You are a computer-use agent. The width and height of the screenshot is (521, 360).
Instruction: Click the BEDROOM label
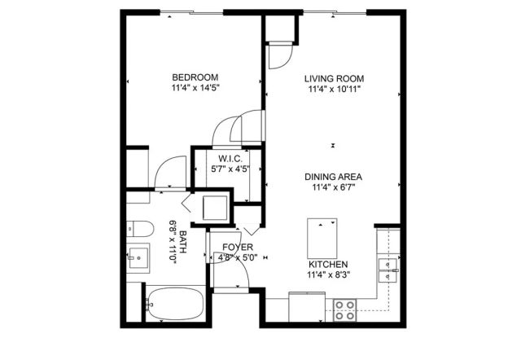(x=195, y=77)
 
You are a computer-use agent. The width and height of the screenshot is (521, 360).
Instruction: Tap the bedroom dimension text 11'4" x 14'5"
(x=195, y=87)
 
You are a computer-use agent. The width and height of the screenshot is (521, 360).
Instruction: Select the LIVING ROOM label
(x=333, y=78)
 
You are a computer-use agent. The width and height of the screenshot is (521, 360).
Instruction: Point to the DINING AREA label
(x=333, y=177)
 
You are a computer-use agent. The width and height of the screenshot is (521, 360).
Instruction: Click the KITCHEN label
(x=328, y=265)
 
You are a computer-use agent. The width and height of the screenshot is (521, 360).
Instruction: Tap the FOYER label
(x=237, y=247)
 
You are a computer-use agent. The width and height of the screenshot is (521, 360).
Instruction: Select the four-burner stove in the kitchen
(x=344, y=310)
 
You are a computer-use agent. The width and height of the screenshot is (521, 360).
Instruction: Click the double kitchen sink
(x=388, y=263)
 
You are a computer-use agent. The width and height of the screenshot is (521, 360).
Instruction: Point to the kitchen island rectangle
(x=323, y=236)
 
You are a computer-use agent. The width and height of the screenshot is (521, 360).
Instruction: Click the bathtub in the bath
(x=174, y=304)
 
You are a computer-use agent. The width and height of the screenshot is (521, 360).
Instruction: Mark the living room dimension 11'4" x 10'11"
(x=333, y=89)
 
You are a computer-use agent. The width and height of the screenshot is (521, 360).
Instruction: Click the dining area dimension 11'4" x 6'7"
(x=333, y=187)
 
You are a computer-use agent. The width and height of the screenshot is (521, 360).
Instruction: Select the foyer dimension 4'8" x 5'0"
(x=237, y=258)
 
